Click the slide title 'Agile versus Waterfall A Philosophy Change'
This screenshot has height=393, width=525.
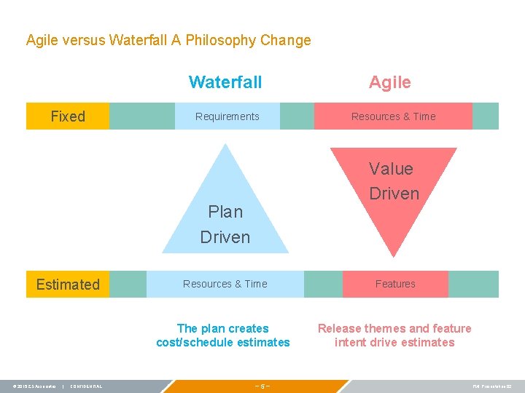click(168, 40)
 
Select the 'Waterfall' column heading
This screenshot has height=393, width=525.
click(225, 82)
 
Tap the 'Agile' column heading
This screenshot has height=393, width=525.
click(390, 82)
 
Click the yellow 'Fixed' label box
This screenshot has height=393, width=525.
click(68, 116)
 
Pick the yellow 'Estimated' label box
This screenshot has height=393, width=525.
click(68, 285)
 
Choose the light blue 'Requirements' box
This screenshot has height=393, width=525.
click(227, 116)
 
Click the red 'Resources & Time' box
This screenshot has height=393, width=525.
click(393, 116)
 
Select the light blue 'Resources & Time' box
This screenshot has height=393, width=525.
click(225, 284)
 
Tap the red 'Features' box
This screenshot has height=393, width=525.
click(395, 284)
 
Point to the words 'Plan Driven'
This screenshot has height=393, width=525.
click(225, 224)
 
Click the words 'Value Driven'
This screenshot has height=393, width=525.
click(394, 181)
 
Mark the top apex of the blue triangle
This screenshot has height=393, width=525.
click(226, 145)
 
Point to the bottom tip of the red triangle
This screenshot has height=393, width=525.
click(394, 255)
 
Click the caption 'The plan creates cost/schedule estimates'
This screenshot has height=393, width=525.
click(223, 336)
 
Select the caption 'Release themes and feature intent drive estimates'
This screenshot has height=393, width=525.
click(394, 336)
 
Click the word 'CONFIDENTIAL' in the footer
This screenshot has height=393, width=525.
click(87, 386)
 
